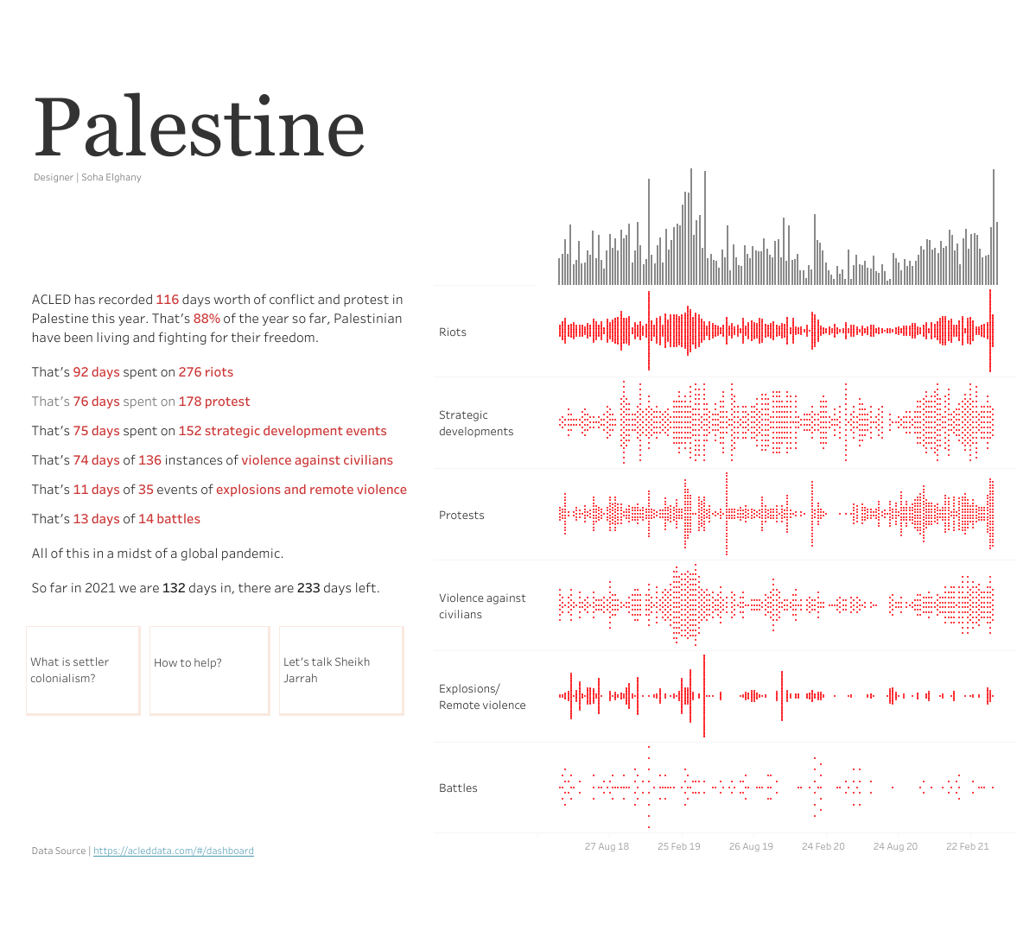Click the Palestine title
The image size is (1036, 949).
(199, 128)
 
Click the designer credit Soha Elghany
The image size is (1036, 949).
(111, 177)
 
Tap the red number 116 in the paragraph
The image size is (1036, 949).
(167, 300)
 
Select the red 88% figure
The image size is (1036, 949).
(207, 319)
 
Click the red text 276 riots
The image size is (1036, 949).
(206, 372)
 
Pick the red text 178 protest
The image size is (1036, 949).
(214, 402)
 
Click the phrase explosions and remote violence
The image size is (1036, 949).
(311, 490)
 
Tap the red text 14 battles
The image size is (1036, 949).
(169, 519)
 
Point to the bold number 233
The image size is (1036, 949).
(308, 588)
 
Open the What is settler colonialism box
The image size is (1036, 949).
(83, 670)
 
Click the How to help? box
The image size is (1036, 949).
(209, 670)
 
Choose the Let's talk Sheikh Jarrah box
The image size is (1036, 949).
(340, 670)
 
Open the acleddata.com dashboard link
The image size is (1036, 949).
(173, 851)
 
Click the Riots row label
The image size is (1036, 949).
(453, 332)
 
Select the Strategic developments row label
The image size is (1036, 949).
(475, 423)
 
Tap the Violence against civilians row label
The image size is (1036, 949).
(481, 606)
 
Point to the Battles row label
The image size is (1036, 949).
(458, 788)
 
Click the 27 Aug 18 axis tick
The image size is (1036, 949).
(607, 846)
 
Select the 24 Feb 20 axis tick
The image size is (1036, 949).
(823, 846)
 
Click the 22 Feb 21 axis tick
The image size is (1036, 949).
(967, 846)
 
